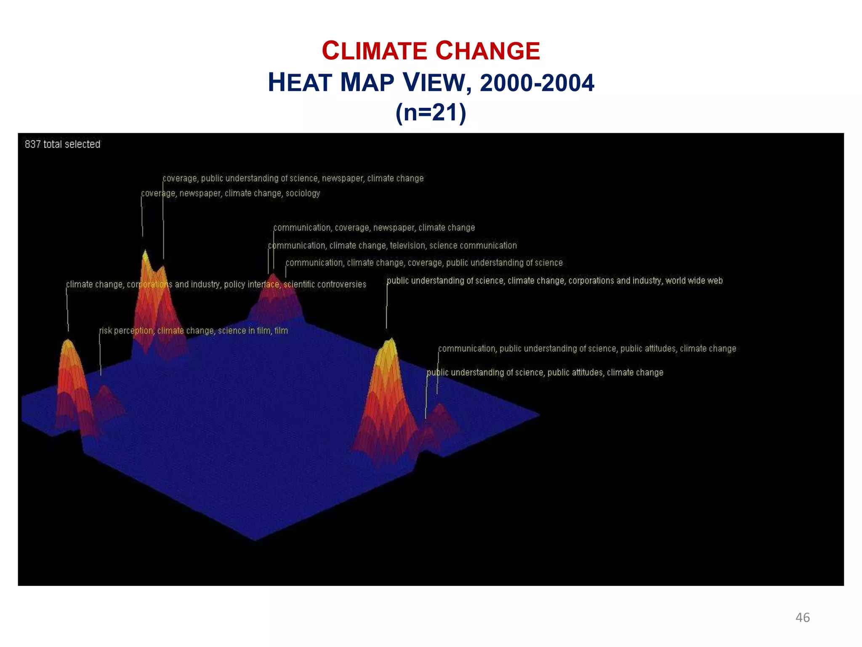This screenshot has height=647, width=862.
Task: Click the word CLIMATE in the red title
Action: coord(374,51)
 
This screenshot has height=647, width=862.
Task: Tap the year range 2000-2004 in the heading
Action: coord(537,83)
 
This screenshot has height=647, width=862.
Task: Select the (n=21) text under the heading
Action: coord(431,113)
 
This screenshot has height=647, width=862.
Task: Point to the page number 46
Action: coord(802,618)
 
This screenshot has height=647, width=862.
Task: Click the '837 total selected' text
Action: coord(62,144)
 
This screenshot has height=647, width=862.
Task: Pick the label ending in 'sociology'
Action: coord(230,193)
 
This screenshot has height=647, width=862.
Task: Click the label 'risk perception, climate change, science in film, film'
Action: coord(194,331)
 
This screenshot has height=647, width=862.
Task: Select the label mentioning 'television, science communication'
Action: coord(392,246)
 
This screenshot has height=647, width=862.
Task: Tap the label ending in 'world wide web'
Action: coord(554,281)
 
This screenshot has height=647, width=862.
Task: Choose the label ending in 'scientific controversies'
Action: coord(216,284)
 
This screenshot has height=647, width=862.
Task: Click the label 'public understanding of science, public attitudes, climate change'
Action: coord(545,372)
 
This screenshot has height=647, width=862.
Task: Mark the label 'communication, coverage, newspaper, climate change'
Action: coord(374,228)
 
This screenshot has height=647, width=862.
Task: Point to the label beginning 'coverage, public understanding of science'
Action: coord(293,179)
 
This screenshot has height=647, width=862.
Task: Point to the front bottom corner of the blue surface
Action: coord(255,540)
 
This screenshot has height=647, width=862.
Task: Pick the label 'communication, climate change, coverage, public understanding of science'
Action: coord(424,263)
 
